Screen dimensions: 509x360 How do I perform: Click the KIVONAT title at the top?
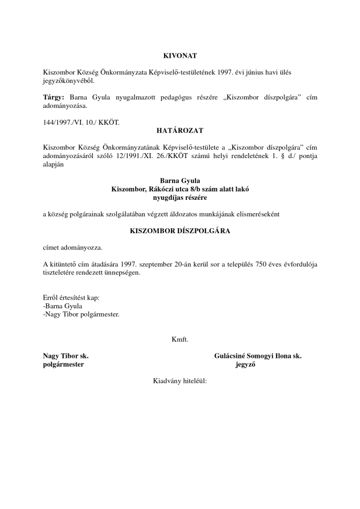[x=180, y=56]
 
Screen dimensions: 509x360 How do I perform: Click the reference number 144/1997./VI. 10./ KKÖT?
[x=82, y=122]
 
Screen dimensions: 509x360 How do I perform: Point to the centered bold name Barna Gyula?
[x=180, y=181]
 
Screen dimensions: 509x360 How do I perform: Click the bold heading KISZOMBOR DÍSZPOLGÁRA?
[x=180, y=231]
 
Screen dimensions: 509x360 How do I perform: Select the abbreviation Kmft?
[x=180, y=340]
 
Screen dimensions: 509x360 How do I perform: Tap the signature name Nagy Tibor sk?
[x=66, y=356]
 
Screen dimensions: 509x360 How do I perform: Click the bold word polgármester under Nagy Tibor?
[x=64, y=364]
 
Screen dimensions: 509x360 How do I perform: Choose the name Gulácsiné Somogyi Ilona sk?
[x=258, y=356]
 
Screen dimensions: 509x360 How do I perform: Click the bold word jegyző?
[x=245, y=364]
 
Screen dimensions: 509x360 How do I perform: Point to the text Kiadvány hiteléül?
[x=180, y=382]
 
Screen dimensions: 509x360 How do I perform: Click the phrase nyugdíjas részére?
[x=180, y=197]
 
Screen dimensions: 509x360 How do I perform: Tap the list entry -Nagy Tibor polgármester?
[x=82, y=315]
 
